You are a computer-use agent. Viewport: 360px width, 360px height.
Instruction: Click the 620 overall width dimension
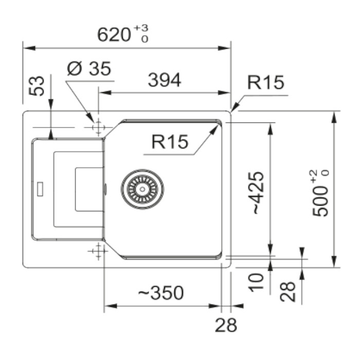pyautogui.click(x=114, y=35)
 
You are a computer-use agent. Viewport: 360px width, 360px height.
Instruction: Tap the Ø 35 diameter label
pyautogui.click(x=89, y=68)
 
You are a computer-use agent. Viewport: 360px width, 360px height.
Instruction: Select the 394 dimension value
pyautogui.click(x=164, y=80)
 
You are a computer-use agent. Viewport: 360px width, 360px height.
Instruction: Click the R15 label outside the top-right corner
pyautogui.click(x=265, y=82)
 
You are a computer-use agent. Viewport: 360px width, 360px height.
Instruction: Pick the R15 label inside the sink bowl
pyautogui.click(x=170, y=141)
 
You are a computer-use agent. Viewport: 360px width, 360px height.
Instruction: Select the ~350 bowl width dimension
pyautogui.click(x=160, y=293)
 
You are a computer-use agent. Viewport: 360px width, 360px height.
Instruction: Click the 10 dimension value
pyautogui.click(x=257, y=282)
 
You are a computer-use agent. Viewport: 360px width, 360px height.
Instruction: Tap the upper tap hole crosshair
pyautogui.click(x=97, y=127)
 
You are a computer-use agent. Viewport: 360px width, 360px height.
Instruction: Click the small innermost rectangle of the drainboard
pyautogui.click(x=89, y=189)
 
